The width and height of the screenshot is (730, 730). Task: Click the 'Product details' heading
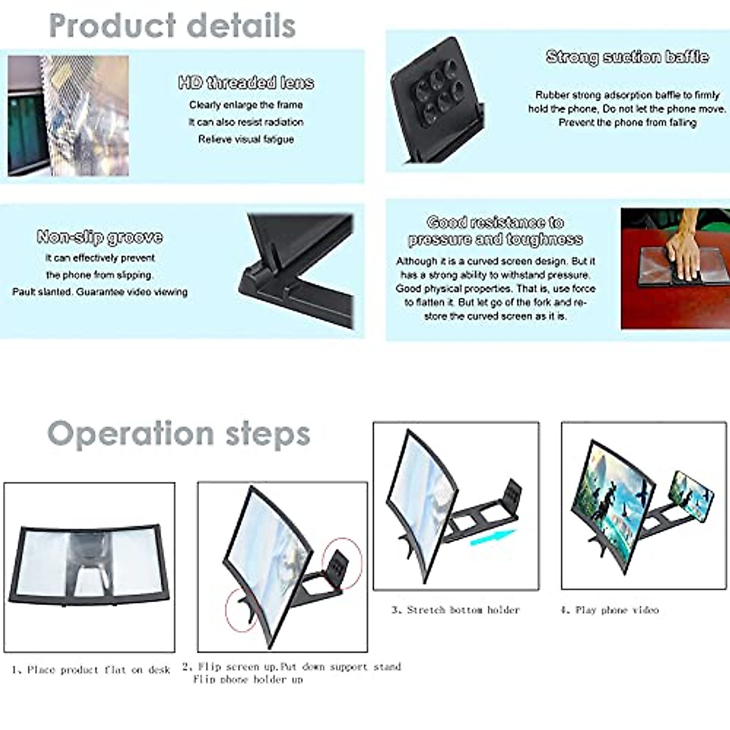tap(172, 26)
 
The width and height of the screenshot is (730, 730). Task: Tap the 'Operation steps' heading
tap(179, 434)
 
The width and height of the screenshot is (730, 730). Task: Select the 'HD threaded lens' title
tap(246, 83)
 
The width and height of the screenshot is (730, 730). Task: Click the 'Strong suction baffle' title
tap(627, 57)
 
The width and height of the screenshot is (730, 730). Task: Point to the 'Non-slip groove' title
tap(100, 237)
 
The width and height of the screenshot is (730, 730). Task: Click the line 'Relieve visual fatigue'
tap(246, 139)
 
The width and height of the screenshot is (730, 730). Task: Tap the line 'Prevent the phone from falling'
tap(627, 123)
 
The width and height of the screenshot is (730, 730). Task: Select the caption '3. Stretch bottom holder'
tap(456, 610)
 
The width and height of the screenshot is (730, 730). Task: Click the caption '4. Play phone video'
tap(610, 610)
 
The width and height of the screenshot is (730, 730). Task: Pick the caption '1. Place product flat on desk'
tap(91, 670)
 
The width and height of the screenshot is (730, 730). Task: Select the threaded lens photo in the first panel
tap(68, 116)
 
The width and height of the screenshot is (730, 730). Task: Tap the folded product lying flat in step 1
tap(89, 565)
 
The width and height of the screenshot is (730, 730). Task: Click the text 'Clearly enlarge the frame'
tap(246, 105)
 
